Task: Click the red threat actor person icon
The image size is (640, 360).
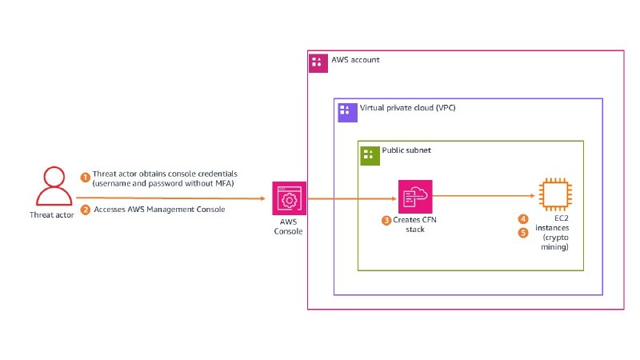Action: tap(54, 186)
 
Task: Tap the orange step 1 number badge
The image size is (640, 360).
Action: tap(85, 178)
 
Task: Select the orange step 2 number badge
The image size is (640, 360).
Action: tap(85, 210)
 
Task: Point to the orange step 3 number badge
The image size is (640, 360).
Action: tap(386, 221)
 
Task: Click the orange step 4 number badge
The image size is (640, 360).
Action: tap(523, 219)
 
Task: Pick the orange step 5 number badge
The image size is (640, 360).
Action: tap(523, 233)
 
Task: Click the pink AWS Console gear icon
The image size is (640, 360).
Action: tap(289, 198)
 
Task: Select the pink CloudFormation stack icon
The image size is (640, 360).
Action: tap(415, 196)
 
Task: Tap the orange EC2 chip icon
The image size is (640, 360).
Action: tap(555, 194)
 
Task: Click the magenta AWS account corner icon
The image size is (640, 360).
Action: tap(318, 63)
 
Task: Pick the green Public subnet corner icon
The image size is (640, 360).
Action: tap(370, 155)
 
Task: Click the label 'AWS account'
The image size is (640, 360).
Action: tap(355, 60)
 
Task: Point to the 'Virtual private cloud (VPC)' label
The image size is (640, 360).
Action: tap(407, 108)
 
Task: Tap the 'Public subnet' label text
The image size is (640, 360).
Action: tap(406, 150)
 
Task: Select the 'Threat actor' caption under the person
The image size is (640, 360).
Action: tap(52, 215)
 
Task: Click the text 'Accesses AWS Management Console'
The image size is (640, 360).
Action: tap(159, 210)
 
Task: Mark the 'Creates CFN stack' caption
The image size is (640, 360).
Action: tap(414, 225)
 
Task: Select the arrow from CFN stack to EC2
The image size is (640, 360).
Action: tap(484, 196)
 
